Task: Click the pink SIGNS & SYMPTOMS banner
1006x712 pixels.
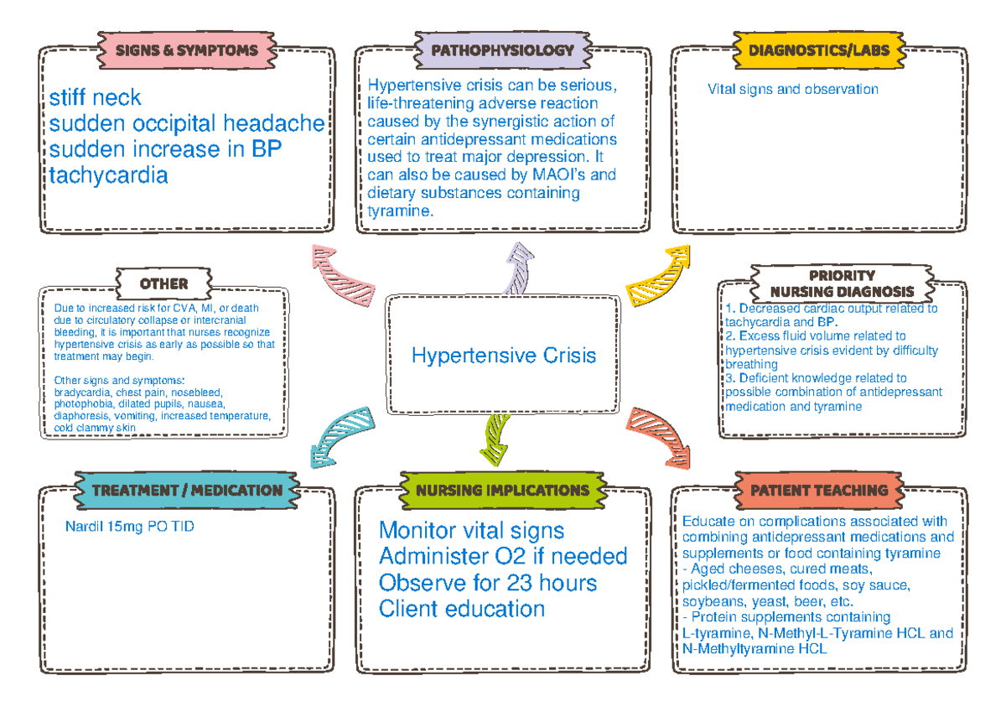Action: [186, 49]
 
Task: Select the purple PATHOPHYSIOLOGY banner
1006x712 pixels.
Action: [502, 49]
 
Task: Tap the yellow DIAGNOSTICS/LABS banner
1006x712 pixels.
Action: [818, 49]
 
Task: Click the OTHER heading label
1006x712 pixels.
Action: [163, 283]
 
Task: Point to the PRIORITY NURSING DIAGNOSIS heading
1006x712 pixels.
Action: [842, 283]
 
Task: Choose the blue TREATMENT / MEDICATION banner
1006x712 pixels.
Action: [186, 490]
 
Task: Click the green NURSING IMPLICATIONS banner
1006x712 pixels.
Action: [502, 490]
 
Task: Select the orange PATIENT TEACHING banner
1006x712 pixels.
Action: [818, 490]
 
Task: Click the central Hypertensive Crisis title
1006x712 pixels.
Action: [504, 355]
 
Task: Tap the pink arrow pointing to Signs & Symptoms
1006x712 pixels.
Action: [343, 269]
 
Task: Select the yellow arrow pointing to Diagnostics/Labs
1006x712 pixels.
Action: [662, 270]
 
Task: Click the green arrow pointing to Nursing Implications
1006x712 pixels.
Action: [497, 437]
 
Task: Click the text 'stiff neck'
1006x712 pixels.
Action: [95, 99]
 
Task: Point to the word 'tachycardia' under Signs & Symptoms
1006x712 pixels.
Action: [108, 175]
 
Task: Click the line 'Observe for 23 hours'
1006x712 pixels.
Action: [488, 582]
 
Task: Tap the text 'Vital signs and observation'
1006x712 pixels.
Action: [792, 89]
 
